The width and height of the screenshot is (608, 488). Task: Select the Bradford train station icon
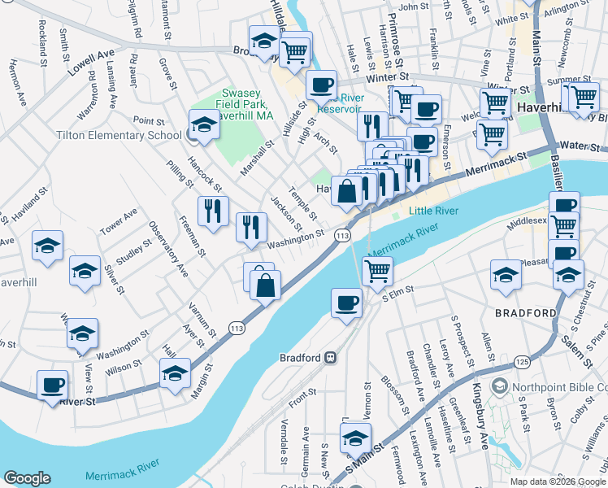(331, 357)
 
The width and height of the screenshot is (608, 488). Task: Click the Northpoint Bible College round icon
(501, 386)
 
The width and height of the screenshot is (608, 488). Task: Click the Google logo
(28, 478)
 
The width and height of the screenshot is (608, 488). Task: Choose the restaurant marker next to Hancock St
(214, 211)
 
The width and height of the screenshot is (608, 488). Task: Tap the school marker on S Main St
(355, 438)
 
